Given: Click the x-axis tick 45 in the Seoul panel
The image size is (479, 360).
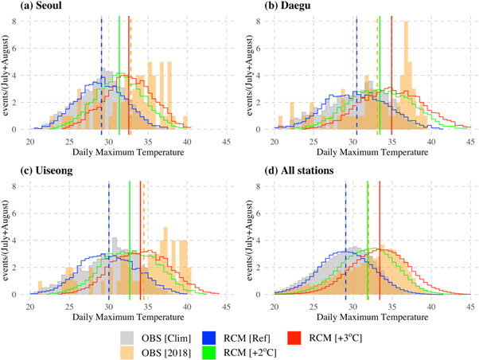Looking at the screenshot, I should pos(227,142).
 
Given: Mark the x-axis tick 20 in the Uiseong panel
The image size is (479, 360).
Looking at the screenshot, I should pos(30,307).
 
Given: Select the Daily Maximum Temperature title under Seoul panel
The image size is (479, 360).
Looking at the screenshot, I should pos(129,151).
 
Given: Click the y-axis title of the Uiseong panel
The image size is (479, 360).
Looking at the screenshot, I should pos(6,238).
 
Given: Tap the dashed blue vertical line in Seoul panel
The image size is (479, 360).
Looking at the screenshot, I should pos(102,72).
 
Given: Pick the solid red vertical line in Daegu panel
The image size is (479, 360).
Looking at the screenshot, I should pos(391,72).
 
